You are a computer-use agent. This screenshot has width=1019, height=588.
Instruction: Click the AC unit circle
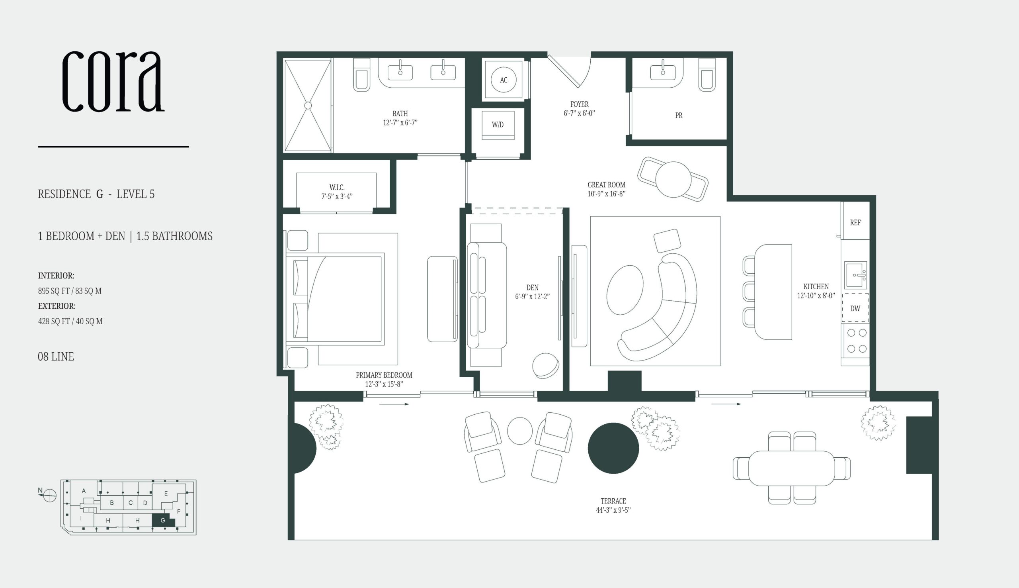tap(504, 80)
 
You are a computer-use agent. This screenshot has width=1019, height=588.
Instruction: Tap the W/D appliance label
tap(498, 125)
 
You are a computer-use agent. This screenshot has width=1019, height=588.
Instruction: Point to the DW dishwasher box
tap(855, 308)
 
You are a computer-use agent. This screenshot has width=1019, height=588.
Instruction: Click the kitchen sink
tap(856, 275)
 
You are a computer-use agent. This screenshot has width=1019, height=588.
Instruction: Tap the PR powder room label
tap(679, 116)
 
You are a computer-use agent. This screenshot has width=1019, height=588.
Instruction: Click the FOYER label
tap(579, 104)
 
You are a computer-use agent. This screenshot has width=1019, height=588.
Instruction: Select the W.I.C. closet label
tap(337, 187)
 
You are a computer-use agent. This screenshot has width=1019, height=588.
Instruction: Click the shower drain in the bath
tap(308, 106)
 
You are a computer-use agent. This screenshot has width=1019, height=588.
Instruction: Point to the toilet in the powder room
tap(707, 74)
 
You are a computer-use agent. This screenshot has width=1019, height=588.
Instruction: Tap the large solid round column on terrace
tap(613, 448)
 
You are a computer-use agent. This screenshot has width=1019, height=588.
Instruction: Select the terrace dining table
tap(791, 468)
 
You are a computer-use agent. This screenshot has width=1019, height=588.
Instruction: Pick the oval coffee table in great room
tap(625, 290)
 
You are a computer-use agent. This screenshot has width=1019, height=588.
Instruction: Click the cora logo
tap(113, 81)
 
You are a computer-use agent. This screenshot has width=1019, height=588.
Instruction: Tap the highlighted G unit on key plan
tap(163, 520)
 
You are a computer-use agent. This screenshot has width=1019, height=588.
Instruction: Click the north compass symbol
tap(50, 495)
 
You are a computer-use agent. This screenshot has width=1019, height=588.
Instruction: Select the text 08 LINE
tap(56, 357)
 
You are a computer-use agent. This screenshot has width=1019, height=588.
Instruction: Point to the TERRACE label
tap(613, 501)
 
